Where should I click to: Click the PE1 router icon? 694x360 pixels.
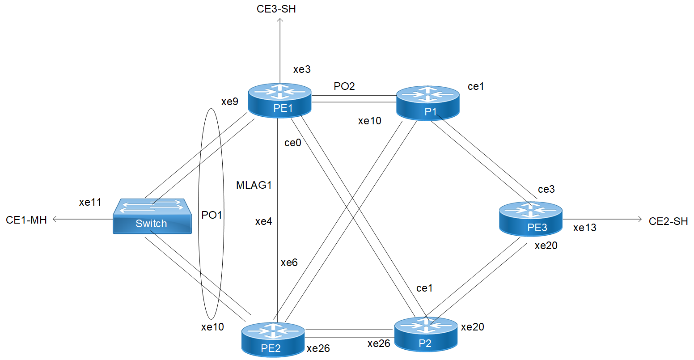280,100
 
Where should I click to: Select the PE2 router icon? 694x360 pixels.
273,339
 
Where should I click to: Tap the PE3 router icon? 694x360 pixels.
530,219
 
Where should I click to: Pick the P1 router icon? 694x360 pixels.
428,103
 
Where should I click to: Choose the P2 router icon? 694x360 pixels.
426,334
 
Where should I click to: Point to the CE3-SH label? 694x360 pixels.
276,9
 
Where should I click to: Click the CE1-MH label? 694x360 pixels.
26,220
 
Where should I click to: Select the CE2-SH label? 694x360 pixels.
668,221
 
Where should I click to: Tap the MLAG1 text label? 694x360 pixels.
254,185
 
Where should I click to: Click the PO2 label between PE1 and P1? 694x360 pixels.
344,86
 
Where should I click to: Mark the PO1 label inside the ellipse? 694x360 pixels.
212,215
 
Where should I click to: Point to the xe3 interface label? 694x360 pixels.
302,69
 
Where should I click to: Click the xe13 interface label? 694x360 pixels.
584,228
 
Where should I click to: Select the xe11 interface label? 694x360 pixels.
90,202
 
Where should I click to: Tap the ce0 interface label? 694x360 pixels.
293,143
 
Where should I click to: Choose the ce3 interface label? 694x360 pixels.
546,189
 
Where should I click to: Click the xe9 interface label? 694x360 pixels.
230,102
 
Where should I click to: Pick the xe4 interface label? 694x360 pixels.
263,221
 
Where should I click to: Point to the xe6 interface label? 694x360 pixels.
289,263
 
